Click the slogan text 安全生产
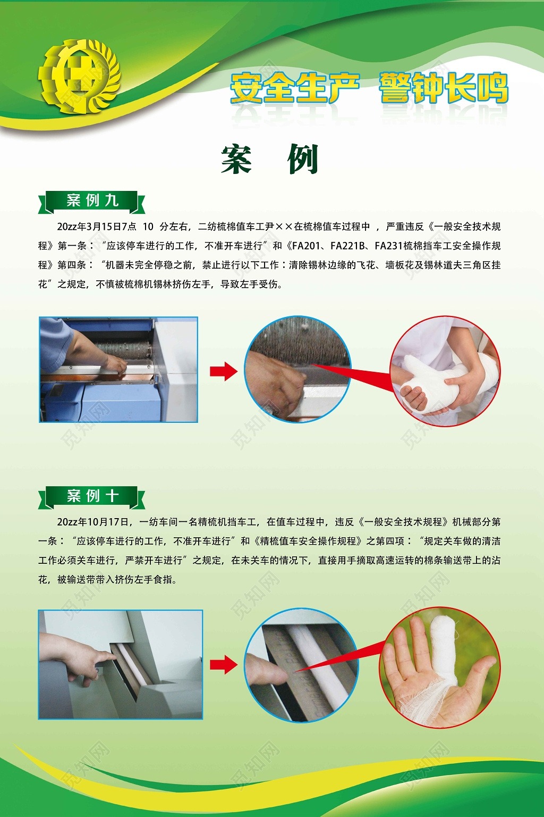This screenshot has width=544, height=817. click(295, 88)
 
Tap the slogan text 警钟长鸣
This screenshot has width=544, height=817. click(444, 88)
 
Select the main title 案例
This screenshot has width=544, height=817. click(270, 159)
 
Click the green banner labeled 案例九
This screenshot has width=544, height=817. click(91, 201)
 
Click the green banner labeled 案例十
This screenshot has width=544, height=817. click(91, 497)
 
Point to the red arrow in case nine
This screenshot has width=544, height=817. click(223, 371)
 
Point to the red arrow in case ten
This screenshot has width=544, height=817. click(223, 664)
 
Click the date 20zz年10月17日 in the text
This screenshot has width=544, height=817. click(92, 522)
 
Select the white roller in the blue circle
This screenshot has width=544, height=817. click(313, 665)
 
